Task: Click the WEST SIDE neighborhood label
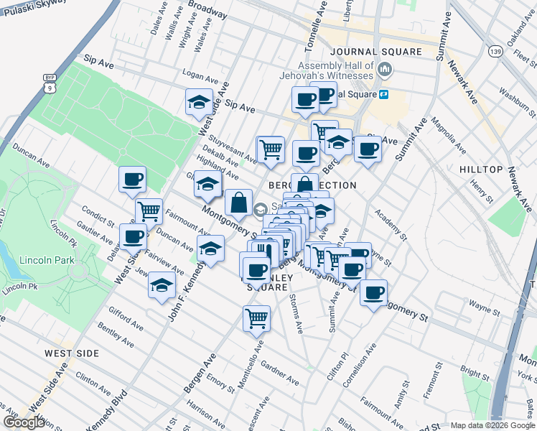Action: pyautogui.click(x=71, y=353)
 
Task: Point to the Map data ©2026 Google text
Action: pyautogui.click(x=492, y=425)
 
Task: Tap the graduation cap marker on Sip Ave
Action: pyautogui.click(x=198, y=103)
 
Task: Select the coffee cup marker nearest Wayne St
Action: pyautogui.click(x=373, y=293)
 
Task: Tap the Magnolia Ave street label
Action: pyautogui.click(x=445, y=140)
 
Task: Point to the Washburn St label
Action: pyautogui.click(x=517, y=102)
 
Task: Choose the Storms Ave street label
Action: pyautogui.click(x=296, y=314)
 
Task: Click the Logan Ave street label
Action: pyautogui.click(x=200, y=76)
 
